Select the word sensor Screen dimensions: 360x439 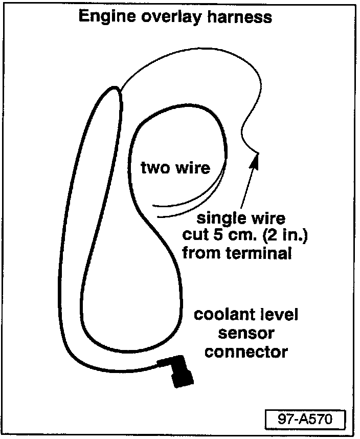click(246, 333)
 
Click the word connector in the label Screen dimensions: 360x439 click(246, 352)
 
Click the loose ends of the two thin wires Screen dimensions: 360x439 click(153, 211)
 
